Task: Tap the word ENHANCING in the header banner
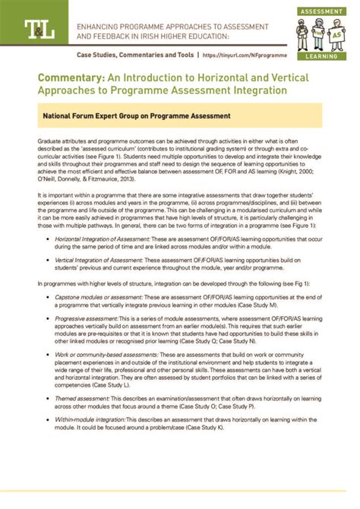[x=98, y=24]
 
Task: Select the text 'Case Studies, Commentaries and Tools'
[x=134, y=55]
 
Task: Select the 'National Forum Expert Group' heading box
[x=180, y=117]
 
